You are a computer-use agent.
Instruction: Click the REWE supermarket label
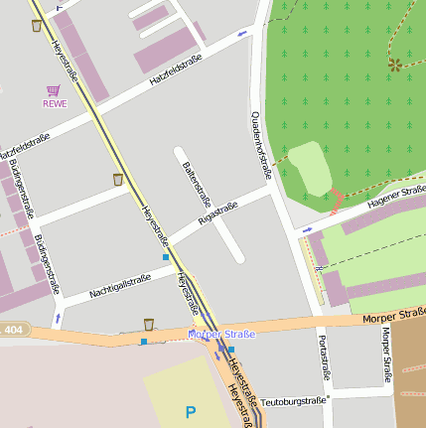(55, 102)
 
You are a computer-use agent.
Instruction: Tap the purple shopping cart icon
(54, 89)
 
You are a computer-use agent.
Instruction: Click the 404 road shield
(12, 329)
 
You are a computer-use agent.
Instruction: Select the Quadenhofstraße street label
(260, 145)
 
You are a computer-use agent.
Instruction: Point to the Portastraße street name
(322, 358)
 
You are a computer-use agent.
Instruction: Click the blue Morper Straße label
(221, 335)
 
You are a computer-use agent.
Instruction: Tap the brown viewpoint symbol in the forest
(395, 65)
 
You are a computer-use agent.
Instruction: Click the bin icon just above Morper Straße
(149, 324)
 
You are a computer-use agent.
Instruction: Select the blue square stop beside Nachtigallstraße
(165, 257)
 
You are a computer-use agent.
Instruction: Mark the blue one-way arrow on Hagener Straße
(307, 229)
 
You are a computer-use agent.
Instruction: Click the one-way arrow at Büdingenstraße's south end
(58, 319)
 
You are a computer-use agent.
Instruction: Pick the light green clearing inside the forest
(308, 168)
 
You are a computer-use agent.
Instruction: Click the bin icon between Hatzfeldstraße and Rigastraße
(118, 180)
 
